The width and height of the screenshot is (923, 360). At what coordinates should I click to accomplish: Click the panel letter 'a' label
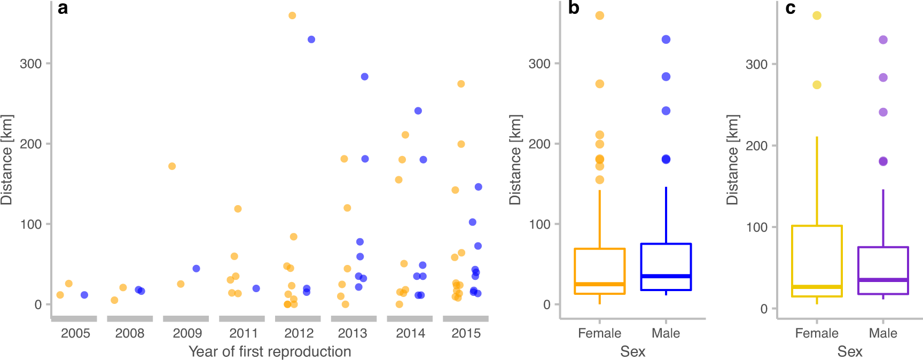[62, 9]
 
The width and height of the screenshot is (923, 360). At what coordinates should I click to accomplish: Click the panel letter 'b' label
[573, 8]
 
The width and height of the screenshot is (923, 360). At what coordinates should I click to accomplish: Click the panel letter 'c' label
[791, 9]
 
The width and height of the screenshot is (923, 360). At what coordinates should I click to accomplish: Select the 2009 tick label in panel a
[187, 333]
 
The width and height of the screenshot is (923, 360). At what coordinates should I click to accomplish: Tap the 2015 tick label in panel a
[466, 333]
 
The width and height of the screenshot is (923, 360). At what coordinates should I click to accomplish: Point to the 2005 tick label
[75, 333]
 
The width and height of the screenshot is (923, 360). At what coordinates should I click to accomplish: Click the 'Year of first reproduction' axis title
[270, 351]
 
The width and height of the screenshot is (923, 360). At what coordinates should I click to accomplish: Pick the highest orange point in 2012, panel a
[292, 15]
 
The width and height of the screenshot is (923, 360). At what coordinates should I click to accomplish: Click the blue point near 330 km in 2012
[311, 40]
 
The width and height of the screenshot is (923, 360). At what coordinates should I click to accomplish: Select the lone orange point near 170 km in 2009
[172, 166]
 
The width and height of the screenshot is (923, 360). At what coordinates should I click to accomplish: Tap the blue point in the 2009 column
[196, 269]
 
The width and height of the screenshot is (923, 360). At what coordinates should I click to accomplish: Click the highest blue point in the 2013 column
[365, 76]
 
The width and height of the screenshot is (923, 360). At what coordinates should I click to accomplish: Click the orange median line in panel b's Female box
[599, 284]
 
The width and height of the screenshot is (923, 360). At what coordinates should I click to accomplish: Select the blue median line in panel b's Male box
[666, 276]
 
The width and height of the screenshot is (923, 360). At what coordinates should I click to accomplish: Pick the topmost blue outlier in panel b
[666, 40]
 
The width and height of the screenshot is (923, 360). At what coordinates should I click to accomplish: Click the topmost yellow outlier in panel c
[817, 15]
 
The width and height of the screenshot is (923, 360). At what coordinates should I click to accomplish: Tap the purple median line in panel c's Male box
[883, 280]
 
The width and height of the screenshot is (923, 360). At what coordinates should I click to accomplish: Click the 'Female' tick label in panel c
[817, 333]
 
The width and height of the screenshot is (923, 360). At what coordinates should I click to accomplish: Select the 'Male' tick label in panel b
[666, 333]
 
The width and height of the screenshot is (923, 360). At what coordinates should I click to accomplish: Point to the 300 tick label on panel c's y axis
[757, 64]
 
